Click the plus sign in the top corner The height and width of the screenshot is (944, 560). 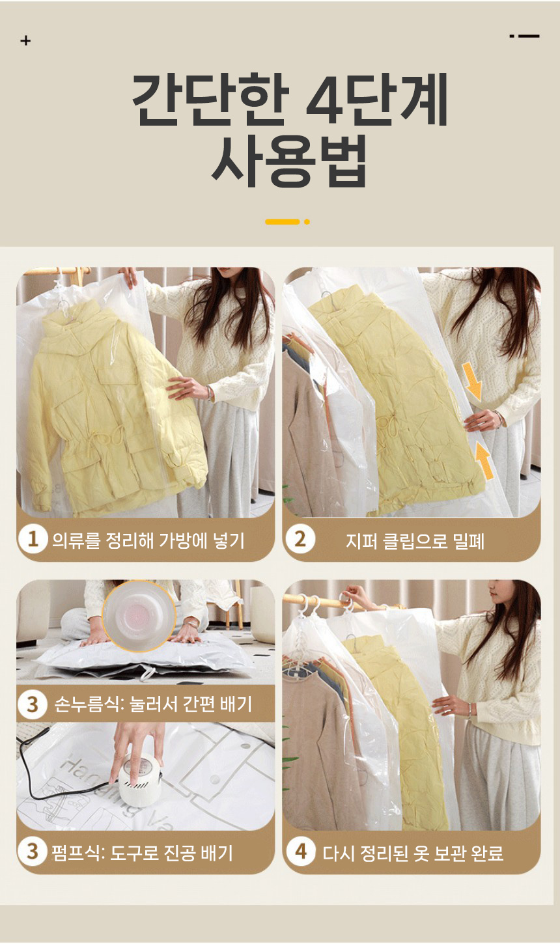click(25, 41)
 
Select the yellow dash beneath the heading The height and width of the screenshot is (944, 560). click(283, 221)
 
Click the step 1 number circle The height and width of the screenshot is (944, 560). click(33, 540)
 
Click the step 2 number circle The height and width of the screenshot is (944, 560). click(300, 540)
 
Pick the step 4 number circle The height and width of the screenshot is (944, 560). click(300, 852)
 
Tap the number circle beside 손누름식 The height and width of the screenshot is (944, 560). click(33, 704)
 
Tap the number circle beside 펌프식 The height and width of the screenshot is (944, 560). click(33, 852)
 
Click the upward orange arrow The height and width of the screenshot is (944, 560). click(483, 460)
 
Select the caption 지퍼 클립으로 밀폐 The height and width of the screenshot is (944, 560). click(415, 540)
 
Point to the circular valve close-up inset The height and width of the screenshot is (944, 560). click(139, 615)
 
